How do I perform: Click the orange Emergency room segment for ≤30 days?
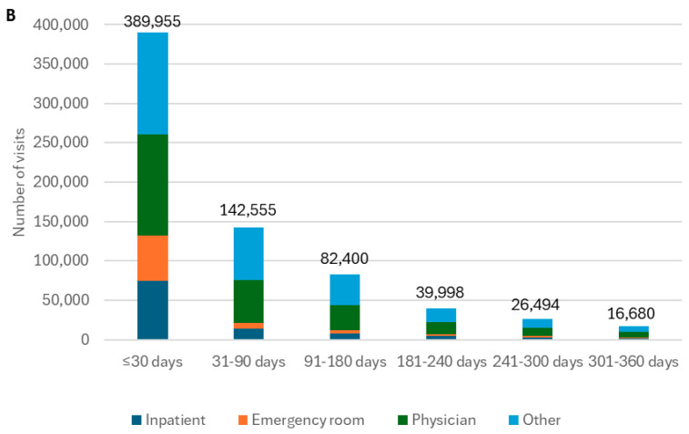coord(153,257)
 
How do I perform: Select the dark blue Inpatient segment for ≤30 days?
coord(153,310)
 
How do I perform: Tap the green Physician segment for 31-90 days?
coord(248,301)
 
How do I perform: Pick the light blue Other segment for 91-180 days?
coord(345,289)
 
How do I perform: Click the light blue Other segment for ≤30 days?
coord(153,84)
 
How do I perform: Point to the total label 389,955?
coord(152,21)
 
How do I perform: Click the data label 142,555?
coord(248,210)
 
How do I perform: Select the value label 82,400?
coord(344,258)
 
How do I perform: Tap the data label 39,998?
coord(440,292)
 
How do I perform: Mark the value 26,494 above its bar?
coord(535,305)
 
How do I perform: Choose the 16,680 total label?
coord(631,313)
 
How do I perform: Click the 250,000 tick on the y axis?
coord(61,142)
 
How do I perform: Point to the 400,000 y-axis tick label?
coord(61,25)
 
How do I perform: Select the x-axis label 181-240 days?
coord(441,361)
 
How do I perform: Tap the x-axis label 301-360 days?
coord(633,361)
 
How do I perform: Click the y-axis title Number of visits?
coord(18,182)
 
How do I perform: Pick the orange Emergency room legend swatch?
coord(243,420)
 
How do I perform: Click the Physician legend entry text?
coord(444,420)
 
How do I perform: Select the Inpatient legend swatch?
coord(137,420)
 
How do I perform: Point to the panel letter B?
coord(11,15)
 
